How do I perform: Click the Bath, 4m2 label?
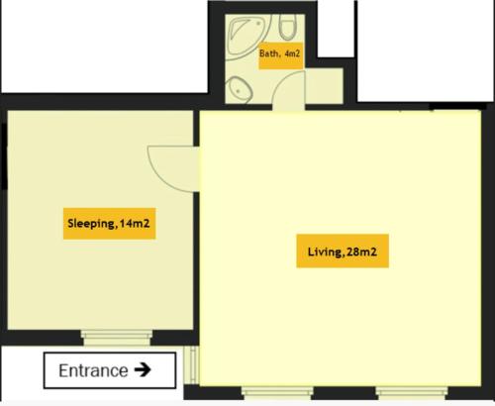click(279, 53)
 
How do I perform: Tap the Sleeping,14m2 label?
click(109, 223)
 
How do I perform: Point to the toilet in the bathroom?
click(288, 27)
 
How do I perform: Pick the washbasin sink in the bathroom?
click(239, 89)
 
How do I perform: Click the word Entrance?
click(93, 371)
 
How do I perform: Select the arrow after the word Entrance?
click(143, 370)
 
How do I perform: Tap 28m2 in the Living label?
click(361, 253)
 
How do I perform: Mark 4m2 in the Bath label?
click(292, 53)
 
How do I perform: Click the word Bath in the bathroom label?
click(269, 53)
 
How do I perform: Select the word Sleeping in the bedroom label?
click(90, 223)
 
